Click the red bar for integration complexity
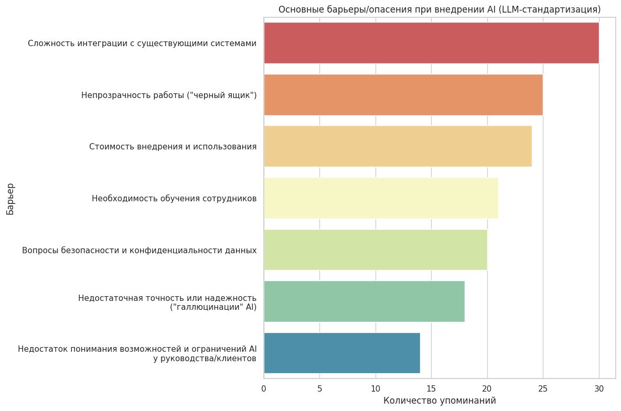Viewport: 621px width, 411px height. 431,43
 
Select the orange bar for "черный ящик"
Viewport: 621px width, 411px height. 403,95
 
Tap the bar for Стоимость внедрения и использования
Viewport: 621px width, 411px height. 398,146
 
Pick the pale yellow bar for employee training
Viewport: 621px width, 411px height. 381,198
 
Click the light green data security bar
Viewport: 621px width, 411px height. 375,250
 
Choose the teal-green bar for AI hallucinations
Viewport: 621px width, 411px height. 364,301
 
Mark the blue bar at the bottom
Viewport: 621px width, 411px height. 341,353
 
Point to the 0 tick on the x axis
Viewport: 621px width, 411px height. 264,388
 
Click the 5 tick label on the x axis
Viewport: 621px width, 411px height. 319,388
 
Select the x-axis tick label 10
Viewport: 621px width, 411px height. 376,388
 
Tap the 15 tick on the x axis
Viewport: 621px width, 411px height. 431,388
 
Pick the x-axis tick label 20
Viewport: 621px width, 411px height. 487,388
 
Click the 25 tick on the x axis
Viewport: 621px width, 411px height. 543,388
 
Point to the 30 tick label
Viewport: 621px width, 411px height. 599,388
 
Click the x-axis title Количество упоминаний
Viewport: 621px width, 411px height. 440,401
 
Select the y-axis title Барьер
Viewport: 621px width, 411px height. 10,199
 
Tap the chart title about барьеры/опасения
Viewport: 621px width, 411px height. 440,9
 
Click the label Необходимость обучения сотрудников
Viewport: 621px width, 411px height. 174,199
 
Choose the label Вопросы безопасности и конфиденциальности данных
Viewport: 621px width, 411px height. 140,250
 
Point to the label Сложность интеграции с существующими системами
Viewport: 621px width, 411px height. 142,44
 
